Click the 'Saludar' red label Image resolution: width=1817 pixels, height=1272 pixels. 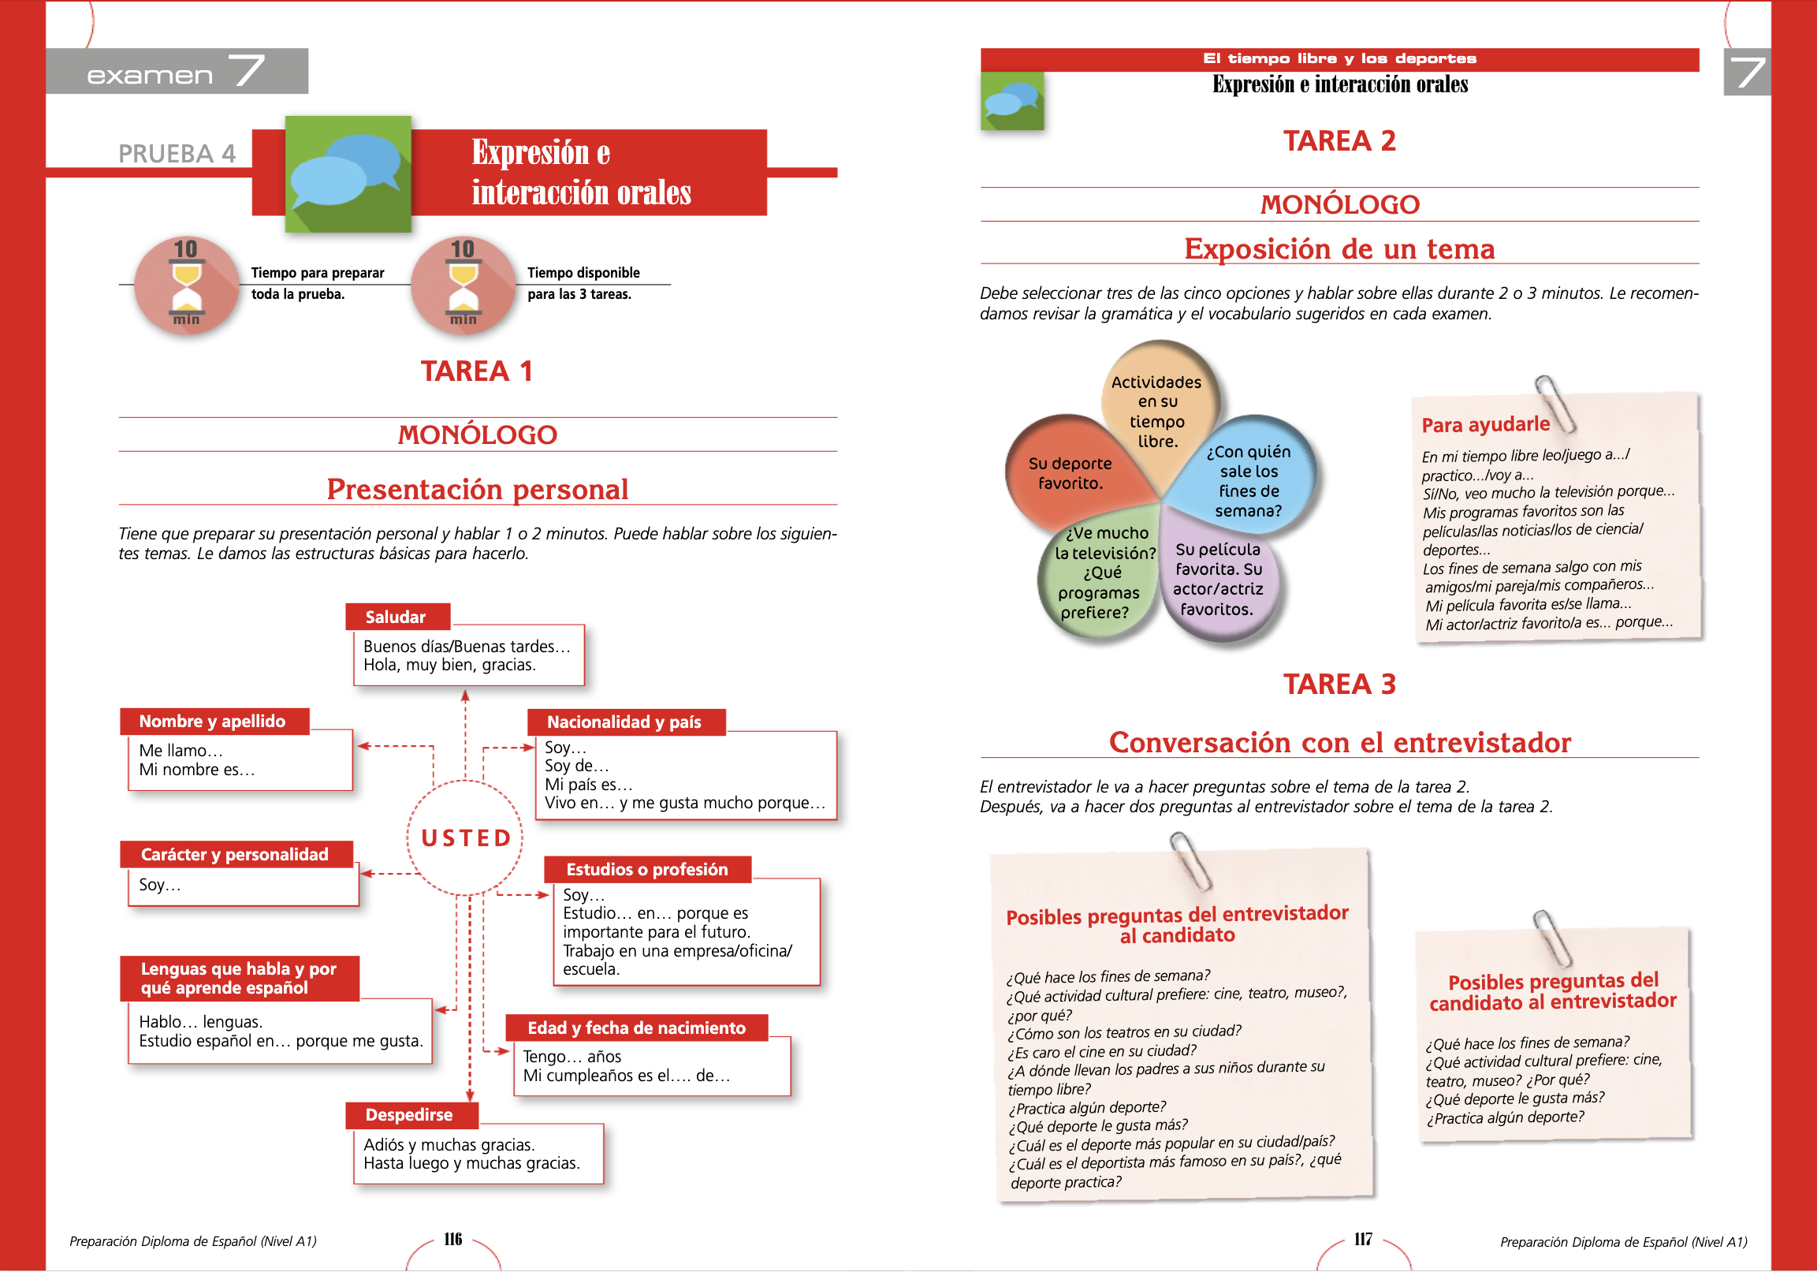click(x=397, y=617)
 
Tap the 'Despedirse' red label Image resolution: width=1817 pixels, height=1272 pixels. click(x=409, y=1114)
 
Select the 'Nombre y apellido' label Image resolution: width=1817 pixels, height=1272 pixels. click(x=213, y=721)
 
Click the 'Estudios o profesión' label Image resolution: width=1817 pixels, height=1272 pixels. click(x=646, y=869)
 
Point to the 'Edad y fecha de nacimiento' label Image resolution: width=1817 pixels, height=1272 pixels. click(x=636, y=1028)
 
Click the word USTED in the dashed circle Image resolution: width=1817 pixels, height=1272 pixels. click(x=465, y=837)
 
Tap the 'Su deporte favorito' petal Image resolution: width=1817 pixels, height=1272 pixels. click(x=1069, y=473)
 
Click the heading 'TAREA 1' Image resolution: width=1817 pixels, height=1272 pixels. click(x=476, y=371)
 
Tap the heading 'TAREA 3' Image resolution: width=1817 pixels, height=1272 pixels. click(x=1339, y=683)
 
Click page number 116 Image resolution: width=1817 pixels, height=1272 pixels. click(x=452, y=1239)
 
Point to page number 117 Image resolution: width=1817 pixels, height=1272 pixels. click(x=1363, y=1239)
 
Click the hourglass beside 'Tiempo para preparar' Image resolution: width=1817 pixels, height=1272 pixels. click(x=187, y=285)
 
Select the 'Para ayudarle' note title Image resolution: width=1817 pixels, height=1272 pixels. click(x=1485, y=424)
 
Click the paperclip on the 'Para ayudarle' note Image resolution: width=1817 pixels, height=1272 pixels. click(x=1555, y=403)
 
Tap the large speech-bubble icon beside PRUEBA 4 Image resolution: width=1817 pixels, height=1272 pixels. click(x=348, y=174)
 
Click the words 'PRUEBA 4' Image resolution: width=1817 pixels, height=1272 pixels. click(x=177, y=153)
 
